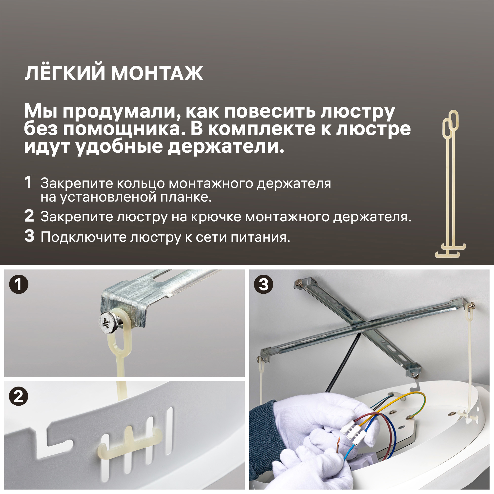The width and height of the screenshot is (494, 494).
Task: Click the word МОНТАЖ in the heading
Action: [157, 73]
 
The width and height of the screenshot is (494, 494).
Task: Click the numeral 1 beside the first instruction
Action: [28, 182]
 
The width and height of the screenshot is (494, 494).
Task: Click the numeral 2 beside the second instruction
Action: [29, 216]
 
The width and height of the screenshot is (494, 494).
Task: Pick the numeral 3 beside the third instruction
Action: [29, 236]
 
